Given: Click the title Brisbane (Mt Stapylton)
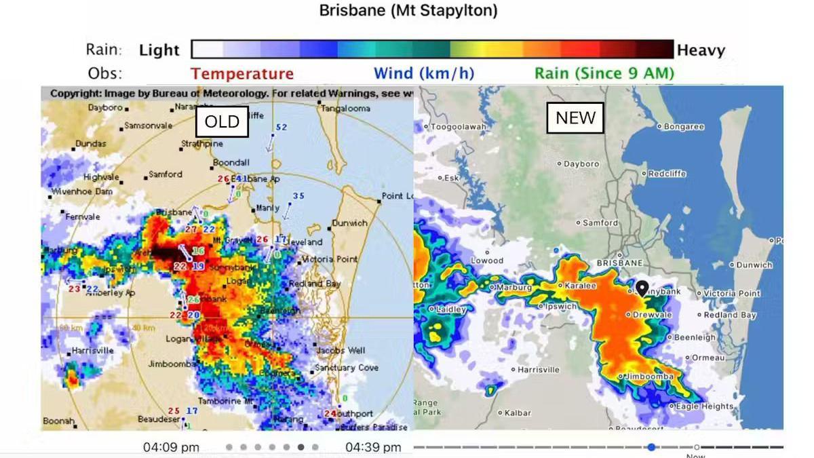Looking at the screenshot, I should pyautogui.click(x=408, y=11).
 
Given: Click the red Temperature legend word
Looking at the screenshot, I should pyautogui.click(x=242, y=74).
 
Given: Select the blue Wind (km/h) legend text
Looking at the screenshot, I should pyautogui.click(x=424, y=73).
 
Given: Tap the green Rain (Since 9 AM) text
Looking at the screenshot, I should pyautogui.click(x=604, y=73).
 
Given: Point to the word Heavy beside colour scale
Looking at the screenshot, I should pyautogui.click(x=701, y=50).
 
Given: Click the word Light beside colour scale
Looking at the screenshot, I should pyautogui.click(x=159, y=50).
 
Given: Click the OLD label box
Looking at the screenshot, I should pyautogui.click(x=222, y=121).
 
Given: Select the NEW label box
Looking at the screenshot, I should pyautogui.click(x=575, y=118).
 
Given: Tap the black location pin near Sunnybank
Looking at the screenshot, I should pyautogui.click(x=641, y=288).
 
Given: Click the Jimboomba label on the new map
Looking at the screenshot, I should pyautogui.click(x=649, y=377).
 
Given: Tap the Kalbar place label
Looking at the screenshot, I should pyautogui.click(x=518, y=413).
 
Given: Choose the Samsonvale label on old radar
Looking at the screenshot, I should pyautogui.click(x=147, y=126).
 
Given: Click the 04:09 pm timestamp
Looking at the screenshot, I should pyautogui.click(x=171, y=447).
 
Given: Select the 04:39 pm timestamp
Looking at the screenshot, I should pyautogui.click(x=373, y=447).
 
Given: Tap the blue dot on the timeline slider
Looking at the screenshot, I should pyautogui.click(x=651, y=447).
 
